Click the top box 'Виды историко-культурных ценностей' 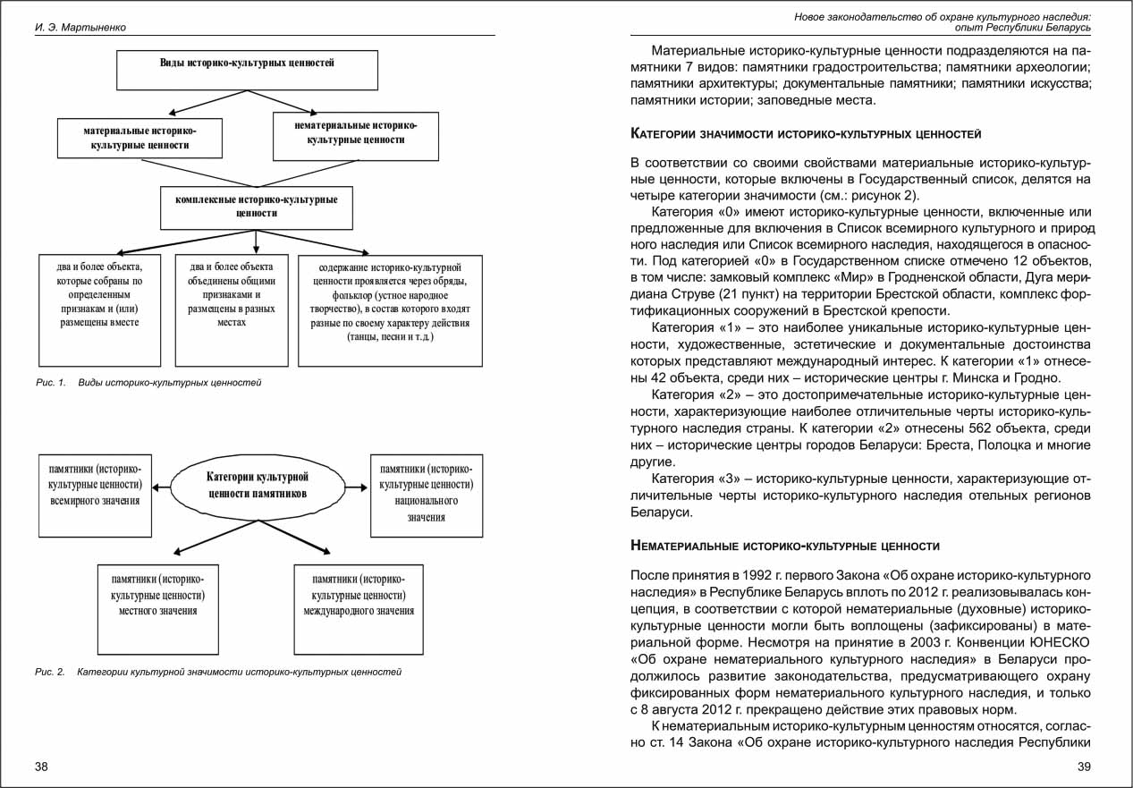click(x=247, y=70)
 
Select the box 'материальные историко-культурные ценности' click(x=140, y=138)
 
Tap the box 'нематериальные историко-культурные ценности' click(x=355, y=134)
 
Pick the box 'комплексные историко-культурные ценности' click(x=257, y=207)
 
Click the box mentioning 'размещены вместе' click(x=99, y=309)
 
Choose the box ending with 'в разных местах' click(x=232, y=309)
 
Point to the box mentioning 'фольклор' click(x=390, y=309)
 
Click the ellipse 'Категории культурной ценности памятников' click(x=258, y=486)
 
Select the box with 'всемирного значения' click(x=94, y=496)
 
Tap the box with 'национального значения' click(x=427, y=496)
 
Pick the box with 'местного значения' click(x=157, y=607)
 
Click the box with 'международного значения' click(x=358, y=607)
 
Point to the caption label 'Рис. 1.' click(x=51, y=383)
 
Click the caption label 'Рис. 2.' click(x=50, y=672)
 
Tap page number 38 click(x=42, y=767)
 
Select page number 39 click(x=1084, y=767)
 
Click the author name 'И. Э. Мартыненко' click(x=80, y=28)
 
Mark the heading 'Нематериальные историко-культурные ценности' click(x=785, y=546)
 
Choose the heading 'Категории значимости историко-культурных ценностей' click(x=806, y=134)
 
